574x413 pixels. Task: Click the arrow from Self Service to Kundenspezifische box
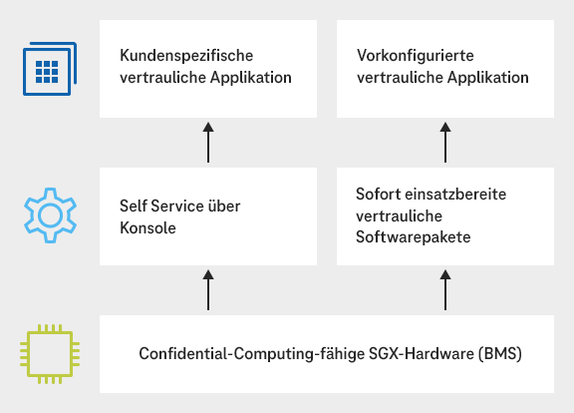tap(208, 143)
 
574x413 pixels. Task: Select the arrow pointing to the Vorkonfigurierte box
tap(445, 143)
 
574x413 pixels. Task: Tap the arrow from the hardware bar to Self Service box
tap(208, 290)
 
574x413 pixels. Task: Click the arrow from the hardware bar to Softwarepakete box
tap(445, 290)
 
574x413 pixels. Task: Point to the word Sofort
tap(377, 194)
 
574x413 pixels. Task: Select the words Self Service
tap(162, 206)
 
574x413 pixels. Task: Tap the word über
tap(226, 206)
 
